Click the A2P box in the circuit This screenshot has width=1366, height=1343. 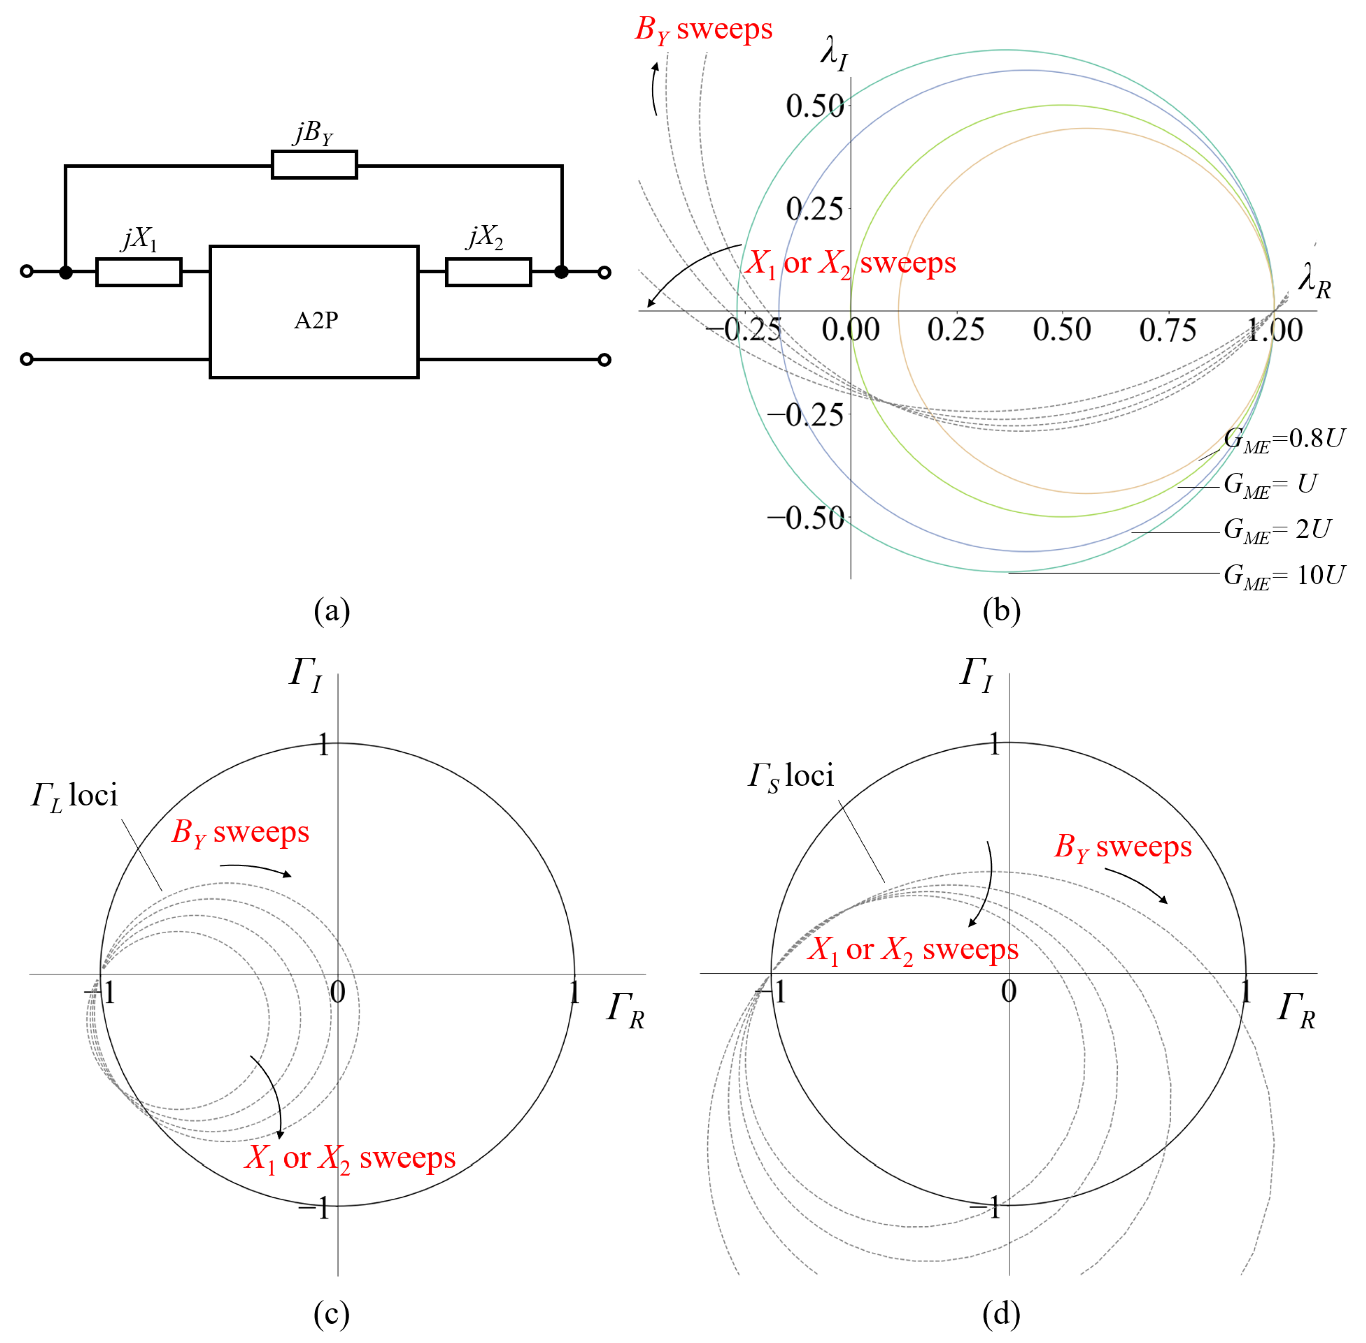(x=314, y=312)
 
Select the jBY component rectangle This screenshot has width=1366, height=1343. (x=314, y=164)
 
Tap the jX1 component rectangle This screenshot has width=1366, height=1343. (x=139, y=272)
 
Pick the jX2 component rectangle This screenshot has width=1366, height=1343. (x=488, y=272)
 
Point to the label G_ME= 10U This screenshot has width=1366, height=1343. (x=1283, y=576)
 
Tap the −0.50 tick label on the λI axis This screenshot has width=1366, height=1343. (x=805, y=519)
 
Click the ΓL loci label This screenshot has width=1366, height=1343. (x=74, y=797)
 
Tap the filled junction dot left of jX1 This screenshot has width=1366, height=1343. (x=66, y=272)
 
